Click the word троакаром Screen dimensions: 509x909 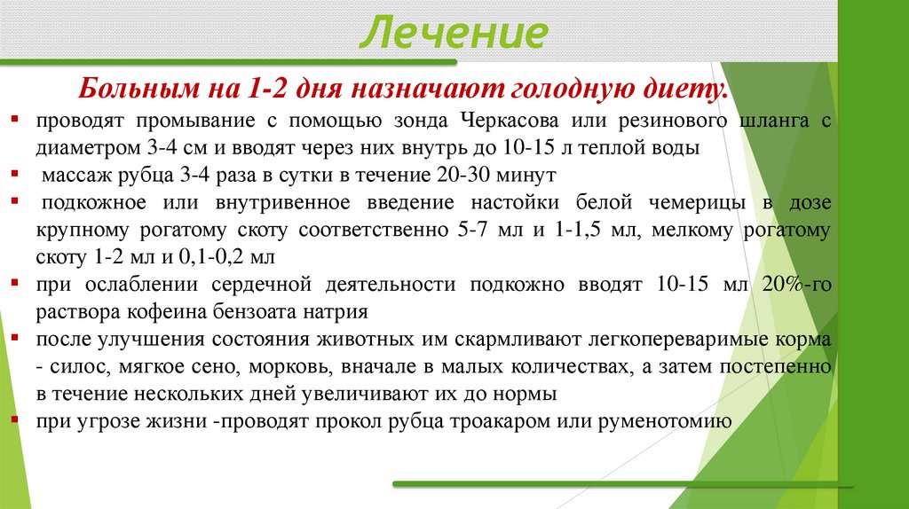point(509,422)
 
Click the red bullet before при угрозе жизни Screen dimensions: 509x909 point(17,420)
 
